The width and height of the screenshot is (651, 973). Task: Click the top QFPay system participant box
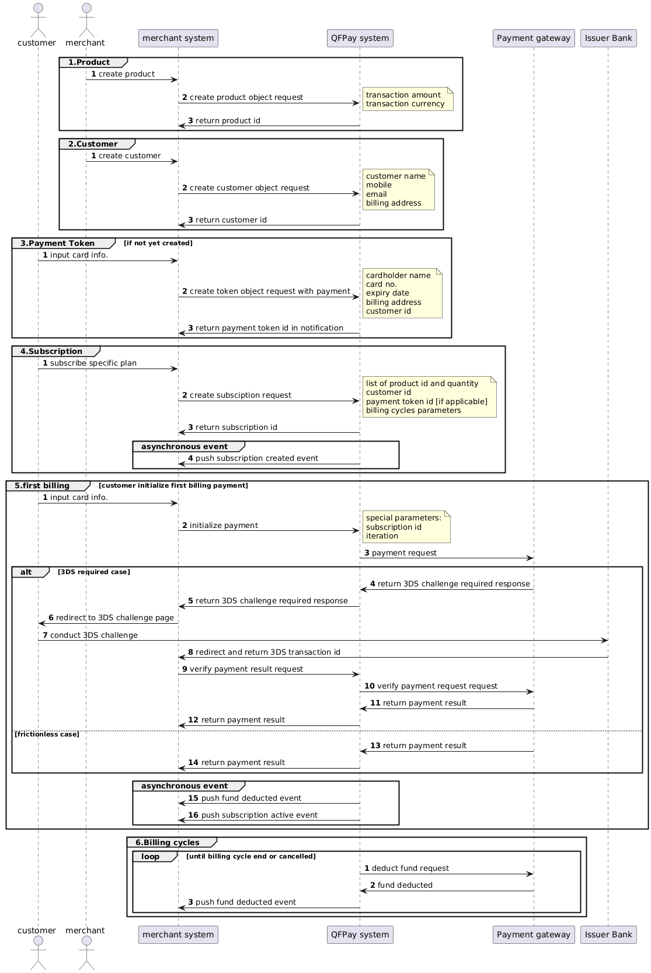(x=360, y=39)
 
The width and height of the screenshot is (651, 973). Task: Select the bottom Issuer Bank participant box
(x=608, y=934)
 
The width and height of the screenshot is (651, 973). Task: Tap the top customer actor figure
(x=37, y=18)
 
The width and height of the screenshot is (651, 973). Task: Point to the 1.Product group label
(x=89, y=62)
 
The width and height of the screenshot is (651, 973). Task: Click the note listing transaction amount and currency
(x=407, y=99)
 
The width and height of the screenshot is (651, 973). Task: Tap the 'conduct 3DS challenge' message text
(x=93, y=635)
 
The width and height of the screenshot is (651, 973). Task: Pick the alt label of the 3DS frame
(x=27, y=572)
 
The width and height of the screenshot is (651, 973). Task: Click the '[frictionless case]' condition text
(x=47, y=734)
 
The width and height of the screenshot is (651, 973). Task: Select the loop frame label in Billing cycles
(x=151, y=857)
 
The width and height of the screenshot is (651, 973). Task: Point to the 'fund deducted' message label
(x=405, y=885)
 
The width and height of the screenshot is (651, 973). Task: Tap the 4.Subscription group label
(x=51, y=352)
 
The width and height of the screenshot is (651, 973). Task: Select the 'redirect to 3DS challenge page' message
(x=114, y=618)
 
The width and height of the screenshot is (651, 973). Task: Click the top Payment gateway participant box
(x=533, y=39)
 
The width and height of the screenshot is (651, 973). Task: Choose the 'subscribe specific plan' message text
(x=93, y=363)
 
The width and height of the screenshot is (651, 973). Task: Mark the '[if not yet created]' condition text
(x=158, y=243)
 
